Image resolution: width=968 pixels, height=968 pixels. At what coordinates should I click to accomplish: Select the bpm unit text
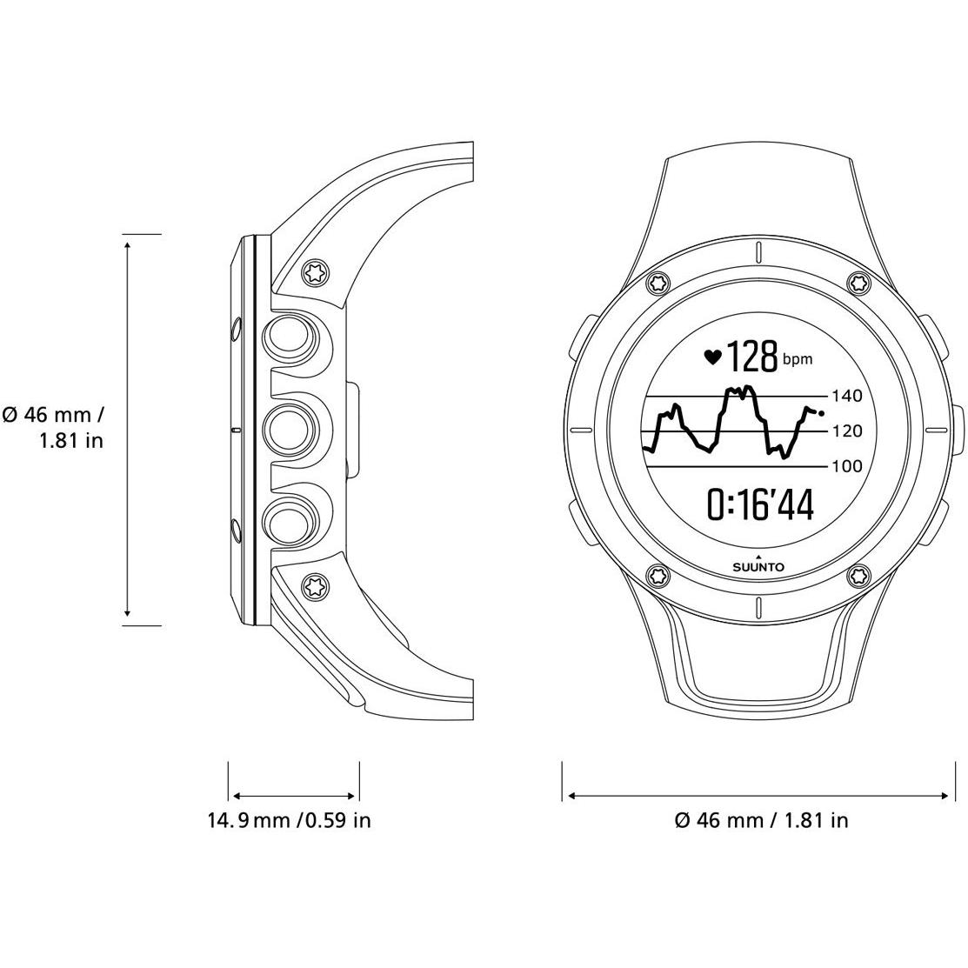(x=798, y=359)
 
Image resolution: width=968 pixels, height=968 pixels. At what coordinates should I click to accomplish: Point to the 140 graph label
(x=847, y=396)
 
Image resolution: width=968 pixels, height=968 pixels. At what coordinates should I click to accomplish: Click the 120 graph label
(x=847, y=431)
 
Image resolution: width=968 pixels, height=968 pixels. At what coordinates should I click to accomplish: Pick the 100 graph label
(x=847, y=466)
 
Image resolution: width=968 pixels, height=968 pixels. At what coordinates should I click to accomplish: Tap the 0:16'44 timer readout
(x=760, y=504)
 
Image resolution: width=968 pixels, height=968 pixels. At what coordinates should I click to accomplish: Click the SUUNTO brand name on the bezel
(x=758, y=567)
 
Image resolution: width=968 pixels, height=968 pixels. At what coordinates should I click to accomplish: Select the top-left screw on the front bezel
(x=658, y=284)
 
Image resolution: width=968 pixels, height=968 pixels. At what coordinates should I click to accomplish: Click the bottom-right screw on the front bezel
(x=858, y=577)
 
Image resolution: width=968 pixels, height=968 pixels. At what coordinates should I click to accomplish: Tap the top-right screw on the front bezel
(x=858, y=284)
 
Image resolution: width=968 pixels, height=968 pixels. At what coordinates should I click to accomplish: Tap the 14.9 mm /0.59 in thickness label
(x=289, y=820)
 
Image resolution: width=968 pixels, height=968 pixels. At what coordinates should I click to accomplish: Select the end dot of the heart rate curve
(x=820, y=413)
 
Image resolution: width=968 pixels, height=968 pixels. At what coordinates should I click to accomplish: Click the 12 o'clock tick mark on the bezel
(x=758, y=251)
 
